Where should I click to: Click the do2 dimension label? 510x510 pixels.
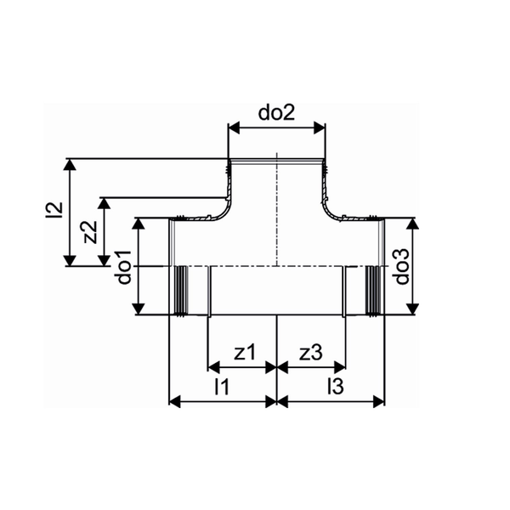[276, 113]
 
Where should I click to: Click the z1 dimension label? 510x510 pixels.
[243, 353]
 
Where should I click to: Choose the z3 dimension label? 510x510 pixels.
[311, 353]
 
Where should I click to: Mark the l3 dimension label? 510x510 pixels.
[334, 387]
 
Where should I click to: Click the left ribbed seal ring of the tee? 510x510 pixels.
[182, 292]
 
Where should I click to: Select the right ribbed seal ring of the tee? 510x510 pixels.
[371, 292]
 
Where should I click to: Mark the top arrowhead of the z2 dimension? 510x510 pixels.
[104, 205]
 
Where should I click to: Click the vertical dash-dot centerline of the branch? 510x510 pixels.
[277, 221]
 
